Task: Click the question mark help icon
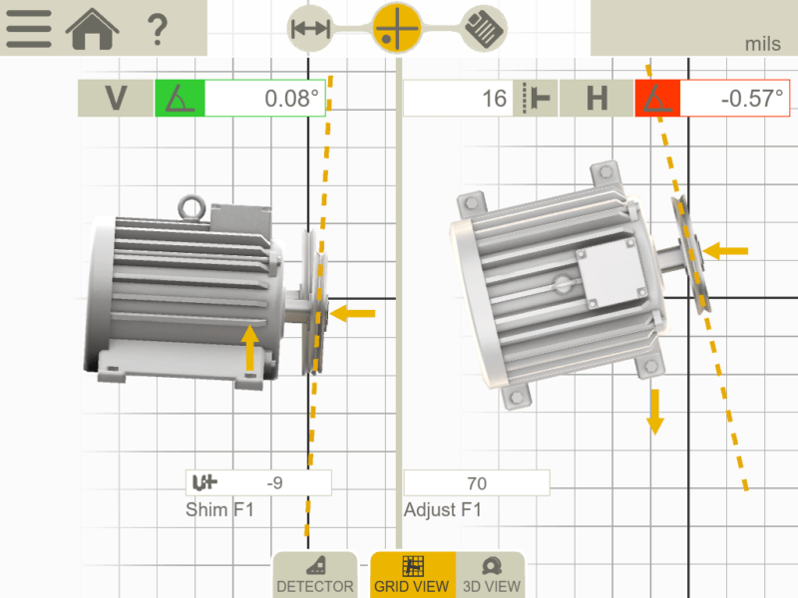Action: click(x=157, y=29)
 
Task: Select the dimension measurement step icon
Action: click(x=310, y=28)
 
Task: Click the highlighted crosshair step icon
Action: click(x=398, y=27)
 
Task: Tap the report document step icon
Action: click(x=485, y=28)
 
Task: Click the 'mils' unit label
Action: click(x=763, y=44)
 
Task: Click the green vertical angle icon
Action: click(x=180, y=99)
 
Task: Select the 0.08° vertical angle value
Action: click(x=265, y=99)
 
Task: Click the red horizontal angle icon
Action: click(x=657, y=99)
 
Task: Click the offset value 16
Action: click(x=459, y=99)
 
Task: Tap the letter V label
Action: click(x=116, y=99)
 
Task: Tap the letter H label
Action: click(x=597, y=99)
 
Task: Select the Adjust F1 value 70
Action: click(x=476, y=483)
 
